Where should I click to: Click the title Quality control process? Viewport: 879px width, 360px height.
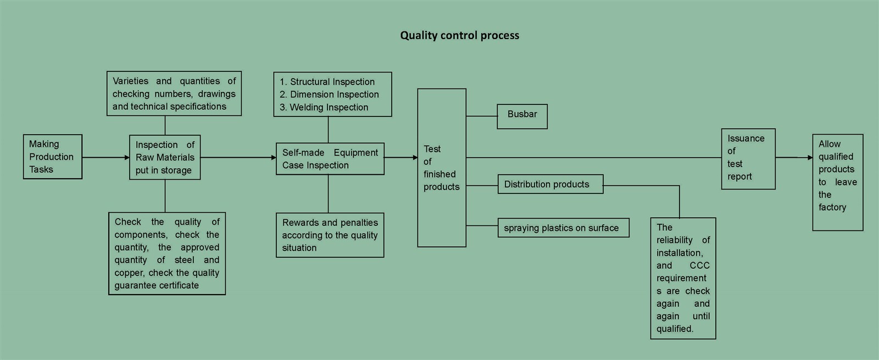coord(459,36)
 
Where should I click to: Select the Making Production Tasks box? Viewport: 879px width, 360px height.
coord(52,157)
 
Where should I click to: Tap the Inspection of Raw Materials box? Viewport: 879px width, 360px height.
coord(165,157)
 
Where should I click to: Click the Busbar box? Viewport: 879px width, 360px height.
coord(522,116)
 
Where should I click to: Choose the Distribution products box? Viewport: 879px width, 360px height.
coord(550,184)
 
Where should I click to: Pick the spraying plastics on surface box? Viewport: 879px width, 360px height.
coord(563,228)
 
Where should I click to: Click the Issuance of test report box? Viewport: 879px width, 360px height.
coord(748,158)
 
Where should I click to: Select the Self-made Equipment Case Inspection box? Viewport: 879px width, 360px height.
coord(330,159)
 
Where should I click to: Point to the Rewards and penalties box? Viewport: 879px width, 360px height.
coord(330,235)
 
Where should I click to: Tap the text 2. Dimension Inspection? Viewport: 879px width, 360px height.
coord(329,95)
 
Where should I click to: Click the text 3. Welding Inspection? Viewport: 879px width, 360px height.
coord(324,107)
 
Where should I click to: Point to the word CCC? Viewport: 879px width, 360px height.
coord(699,265)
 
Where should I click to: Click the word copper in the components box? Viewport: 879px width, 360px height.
coord(129,273)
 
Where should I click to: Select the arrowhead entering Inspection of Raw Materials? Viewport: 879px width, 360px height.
coord(127,158)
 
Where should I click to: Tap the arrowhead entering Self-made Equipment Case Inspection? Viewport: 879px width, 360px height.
coord(274,158)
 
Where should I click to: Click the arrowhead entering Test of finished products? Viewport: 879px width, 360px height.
coord(415,158)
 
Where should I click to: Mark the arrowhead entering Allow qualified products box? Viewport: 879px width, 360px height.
coord(810,158)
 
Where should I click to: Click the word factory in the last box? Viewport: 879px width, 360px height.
coord(832,207)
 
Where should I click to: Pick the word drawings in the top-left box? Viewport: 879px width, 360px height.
coord(216,94)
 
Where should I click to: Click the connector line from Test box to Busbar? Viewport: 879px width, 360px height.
coord(481,116)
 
